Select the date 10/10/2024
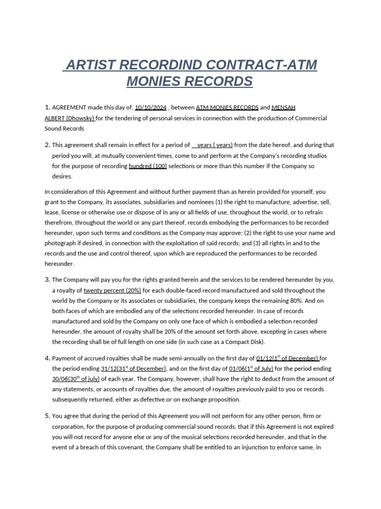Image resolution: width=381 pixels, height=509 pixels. [150, 107]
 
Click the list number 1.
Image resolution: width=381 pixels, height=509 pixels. [47, 107]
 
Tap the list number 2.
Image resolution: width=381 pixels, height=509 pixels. [47, 145]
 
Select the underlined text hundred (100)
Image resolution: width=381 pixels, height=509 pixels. [148, 166]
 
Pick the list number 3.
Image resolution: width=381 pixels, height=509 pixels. [47, 280]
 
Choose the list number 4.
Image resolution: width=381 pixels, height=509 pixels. [47, 358]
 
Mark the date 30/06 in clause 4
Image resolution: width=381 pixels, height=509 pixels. [61, 379]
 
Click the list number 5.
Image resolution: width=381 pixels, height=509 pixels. [47, 416]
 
